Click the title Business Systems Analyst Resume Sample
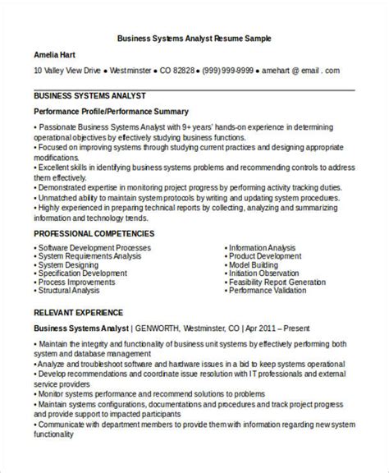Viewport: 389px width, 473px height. pos(194,39)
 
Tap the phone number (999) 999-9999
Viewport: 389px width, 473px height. pos(224,71)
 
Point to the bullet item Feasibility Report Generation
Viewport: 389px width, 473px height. pos(277,280)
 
